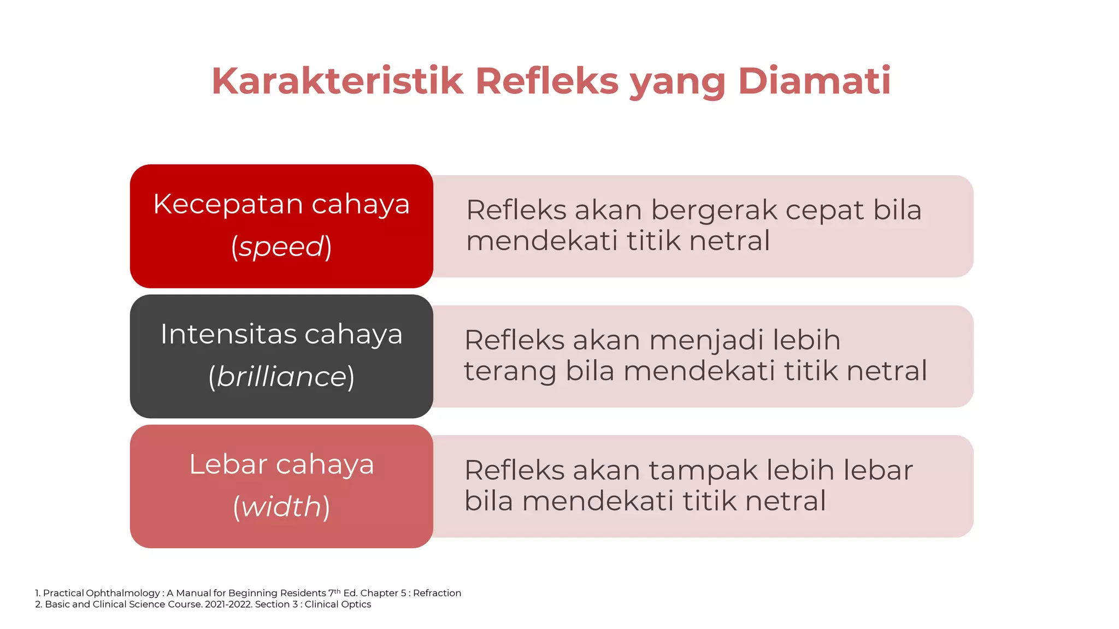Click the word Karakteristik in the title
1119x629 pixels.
click(337, 81)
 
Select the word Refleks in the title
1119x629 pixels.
click(547, 81)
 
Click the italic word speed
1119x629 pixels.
click(281, 246)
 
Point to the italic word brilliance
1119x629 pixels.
click(281, 377)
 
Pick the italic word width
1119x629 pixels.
click(281, 507)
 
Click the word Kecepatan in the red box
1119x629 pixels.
click(228, 205)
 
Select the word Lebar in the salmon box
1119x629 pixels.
click(228, 465)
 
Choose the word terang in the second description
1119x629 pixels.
click(510, 371)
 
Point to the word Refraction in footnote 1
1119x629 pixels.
click(437, 593)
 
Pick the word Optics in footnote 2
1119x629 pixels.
click(357, 604)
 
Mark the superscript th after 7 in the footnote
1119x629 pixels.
click(338, 591)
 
